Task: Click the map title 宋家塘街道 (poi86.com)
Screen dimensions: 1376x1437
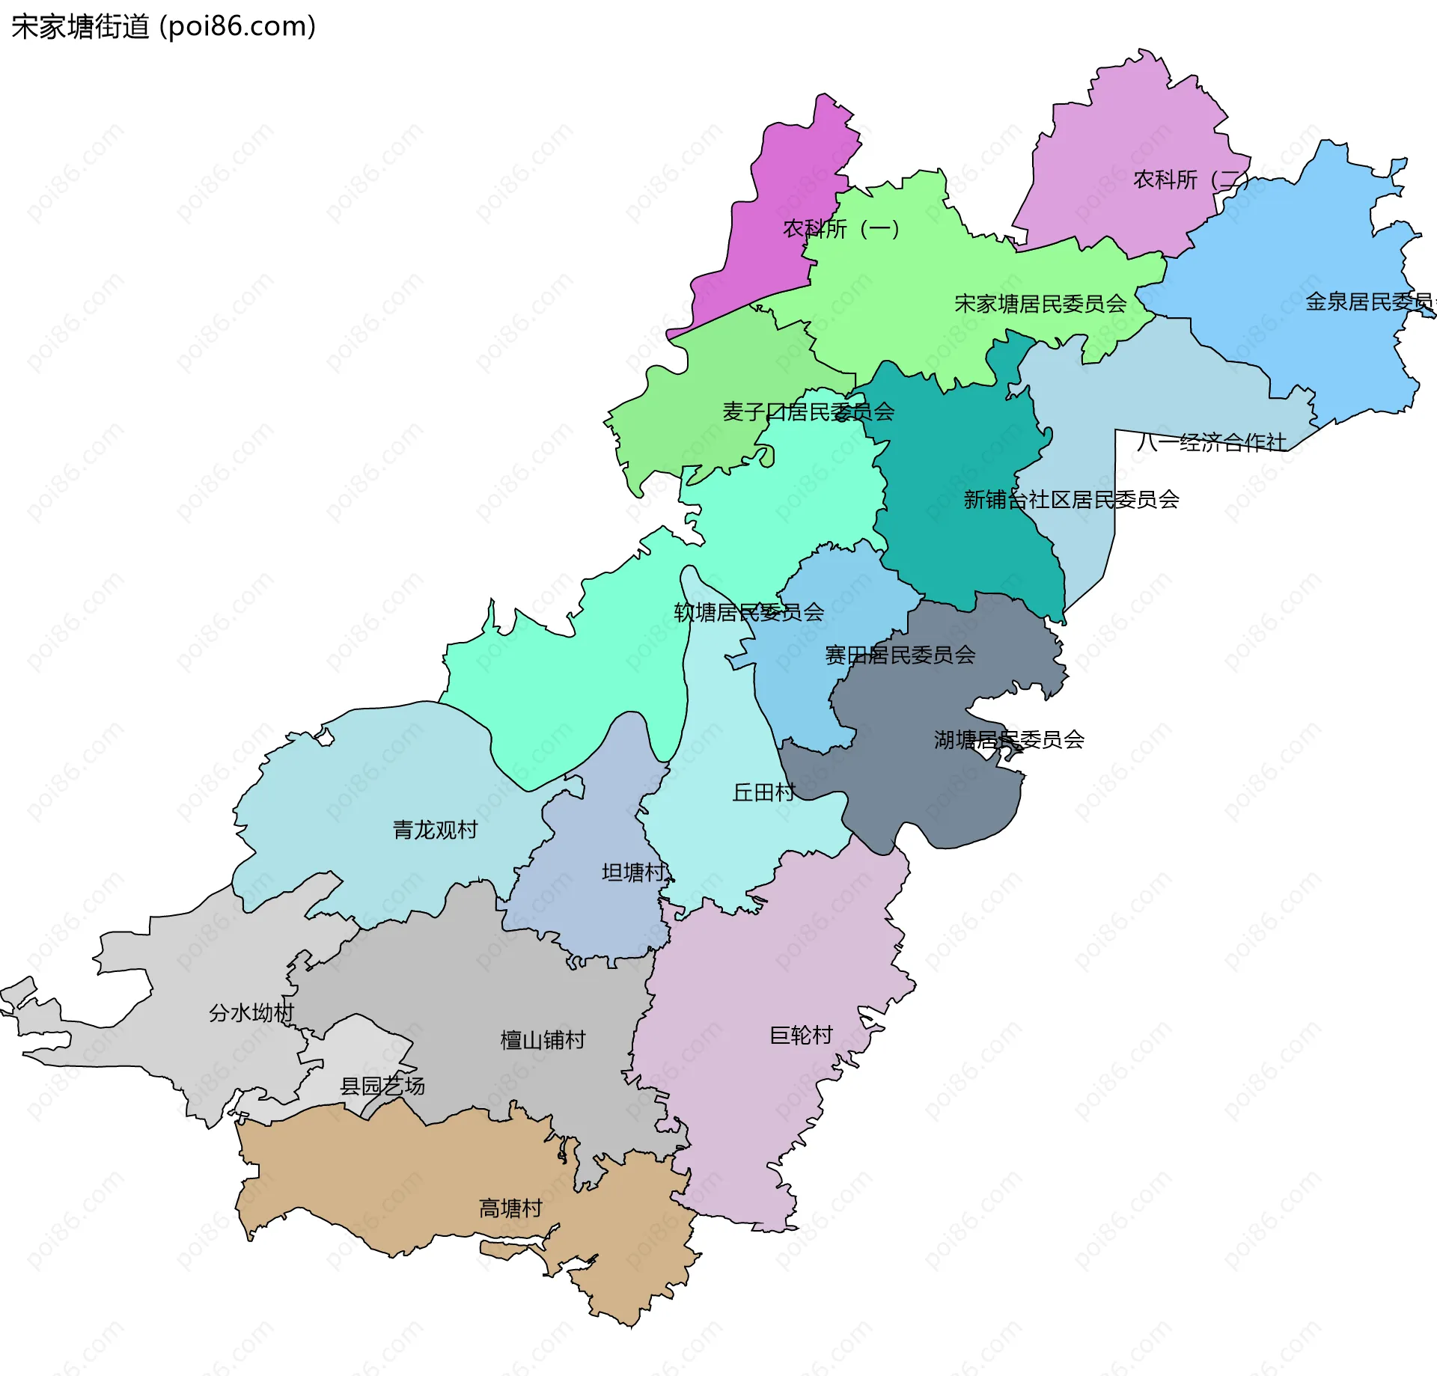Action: click(x=163, y=27)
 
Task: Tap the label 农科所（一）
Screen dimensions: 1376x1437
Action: click(x=840, y=228)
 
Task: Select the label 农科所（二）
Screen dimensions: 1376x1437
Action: click(x=1190, y=180)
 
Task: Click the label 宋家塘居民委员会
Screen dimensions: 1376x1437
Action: click(x=1040, y=304)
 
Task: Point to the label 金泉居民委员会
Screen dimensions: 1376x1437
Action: click(x=1370, y=302)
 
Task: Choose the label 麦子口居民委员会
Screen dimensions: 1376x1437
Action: click(x=808, y=412)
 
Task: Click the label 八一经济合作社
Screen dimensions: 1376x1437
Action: click(x=1212, y=442)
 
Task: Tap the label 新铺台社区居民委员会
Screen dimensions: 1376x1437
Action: click(x=1071, y=499)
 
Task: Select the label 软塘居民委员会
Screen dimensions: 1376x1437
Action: click(x=749, y=612)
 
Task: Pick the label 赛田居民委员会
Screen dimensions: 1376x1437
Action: click(x=900, y=655)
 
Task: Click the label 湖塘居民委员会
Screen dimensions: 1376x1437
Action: click(x=1009, y=739)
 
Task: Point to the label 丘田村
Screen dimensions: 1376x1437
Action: click(x=763, y=792)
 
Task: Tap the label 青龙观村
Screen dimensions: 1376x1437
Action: click(x=435, y=829)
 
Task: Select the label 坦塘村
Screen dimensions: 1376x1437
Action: click(x=633, y=872)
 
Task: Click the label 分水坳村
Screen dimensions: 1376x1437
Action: click(x=251, y=1012)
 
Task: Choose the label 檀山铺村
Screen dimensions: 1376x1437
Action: click(x=543, y=1039)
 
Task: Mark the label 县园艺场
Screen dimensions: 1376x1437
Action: click(x=382, y=1086)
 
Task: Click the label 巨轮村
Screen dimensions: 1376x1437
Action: click(x=801, y=1035)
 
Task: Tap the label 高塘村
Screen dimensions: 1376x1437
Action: click(x=510, y=1208)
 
